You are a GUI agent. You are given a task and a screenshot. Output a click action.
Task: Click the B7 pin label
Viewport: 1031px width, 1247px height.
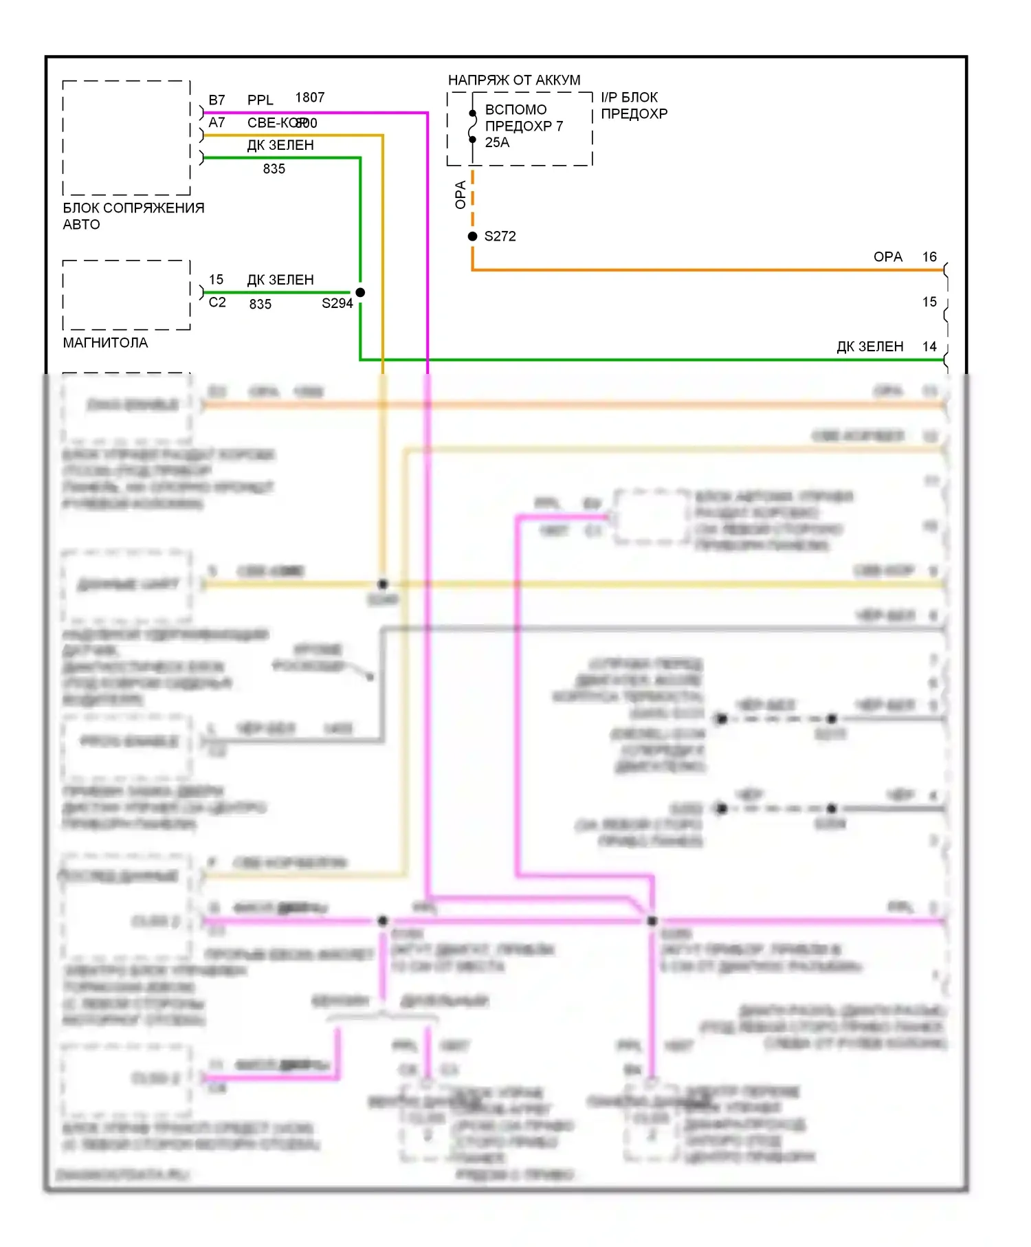(217, 100)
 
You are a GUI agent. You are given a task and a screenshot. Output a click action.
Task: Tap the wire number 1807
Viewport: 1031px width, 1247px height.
(309, 98)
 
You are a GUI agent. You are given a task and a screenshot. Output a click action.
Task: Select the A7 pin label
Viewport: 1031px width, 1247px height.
(217, 122)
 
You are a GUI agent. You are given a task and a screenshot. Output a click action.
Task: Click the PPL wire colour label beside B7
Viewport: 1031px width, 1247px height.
(260, 100)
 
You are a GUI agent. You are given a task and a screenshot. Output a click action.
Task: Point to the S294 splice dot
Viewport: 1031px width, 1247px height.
(360, 292)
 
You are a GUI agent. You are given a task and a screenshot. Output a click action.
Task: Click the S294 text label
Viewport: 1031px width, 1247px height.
(337, 303)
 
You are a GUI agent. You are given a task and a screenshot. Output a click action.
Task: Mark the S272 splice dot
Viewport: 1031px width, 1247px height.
(472, 236)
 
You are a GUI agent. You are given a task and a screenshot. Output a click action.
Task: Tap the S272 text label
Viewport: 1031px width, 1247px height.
(500, 236)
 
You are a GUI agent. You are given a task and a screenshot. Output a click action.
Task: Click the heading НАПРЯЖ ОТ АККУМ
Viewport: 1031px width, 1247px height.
(514, 80)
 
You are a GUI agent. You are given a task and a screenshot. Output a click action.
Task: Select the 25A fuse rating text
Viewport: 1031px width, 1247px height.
(497, 142)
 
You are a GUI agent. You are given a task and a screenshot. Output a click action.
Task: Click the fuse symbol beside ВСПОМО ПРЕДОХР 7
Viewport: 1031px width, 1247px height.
(472, 126)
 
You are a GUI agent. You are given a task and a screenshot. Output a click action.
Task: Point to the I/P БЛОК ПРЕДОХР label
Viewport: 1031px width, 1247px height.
(634, 105)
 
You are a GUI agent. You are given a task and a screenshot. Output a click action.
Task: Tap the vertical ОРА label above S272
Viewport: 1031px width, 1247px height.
(461, 195)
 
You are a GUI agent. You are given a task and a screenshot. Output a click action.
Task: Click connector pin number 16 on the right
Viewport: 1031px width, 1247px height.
(929, 257)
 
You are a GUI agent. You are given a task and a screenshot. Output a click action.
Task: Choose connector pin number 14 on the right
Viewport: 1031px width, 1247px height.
(929, 346)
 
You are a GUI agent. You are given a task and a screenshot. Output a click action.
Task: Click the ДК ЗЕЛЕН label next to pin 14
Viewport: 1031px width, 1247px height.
(869, 346)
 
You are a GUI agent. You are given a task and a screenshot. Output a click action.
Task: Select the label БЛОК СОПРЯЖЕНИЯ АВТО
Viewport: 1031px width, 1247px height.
(133, 216)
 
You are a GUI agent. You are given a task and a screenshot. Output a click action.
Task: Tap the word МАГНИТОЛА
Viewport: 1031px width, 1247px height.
(105, 342)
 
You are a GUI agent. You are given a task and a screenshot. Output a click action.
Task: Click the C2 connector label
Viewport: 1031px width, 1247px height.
(217, 302)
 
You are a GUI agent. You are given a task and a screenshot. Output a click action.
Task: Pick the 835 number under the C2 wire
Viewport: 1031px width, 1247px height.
(260, 304)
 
